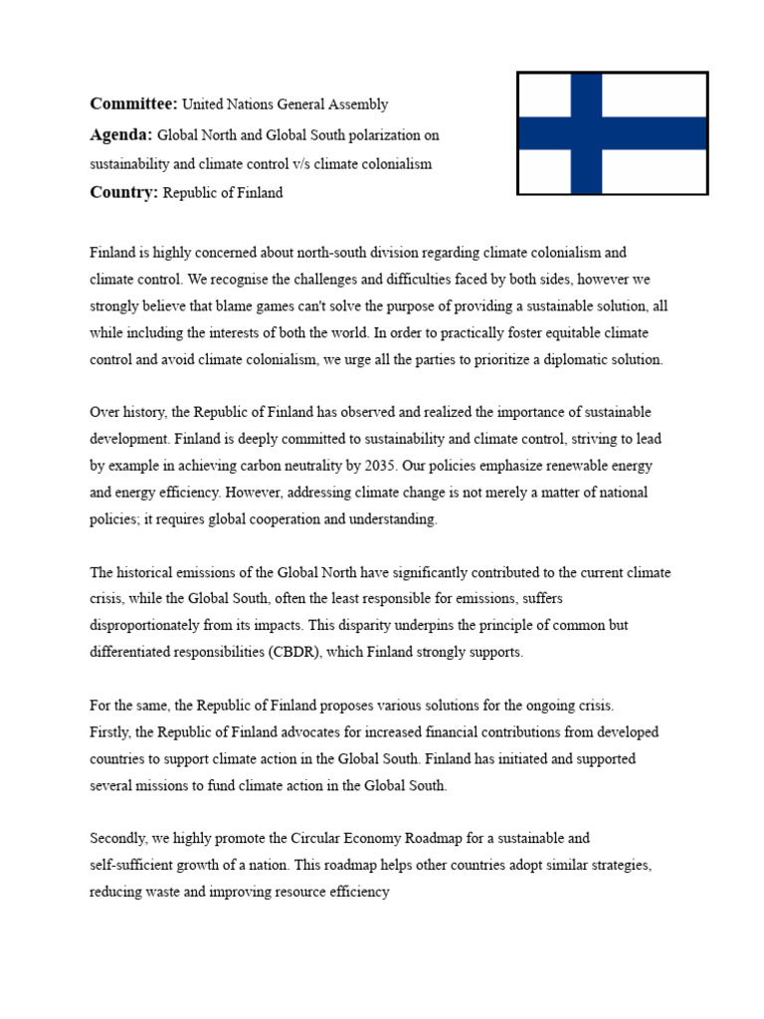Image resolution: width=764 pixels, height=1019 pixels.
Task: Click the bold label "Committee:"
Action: coord(133,103)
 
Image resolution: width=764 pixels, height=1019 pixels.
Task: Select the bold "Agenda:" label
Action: coord(121,134)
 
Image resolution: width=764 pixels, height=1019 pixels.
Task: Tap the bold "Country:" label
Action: coord(124,193)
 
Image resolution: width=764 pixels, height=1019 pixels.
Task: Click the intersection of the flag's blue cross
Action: coord(586,133)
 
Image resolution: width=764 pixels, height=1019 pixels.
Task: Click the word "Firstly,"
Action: coord(114,732)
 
